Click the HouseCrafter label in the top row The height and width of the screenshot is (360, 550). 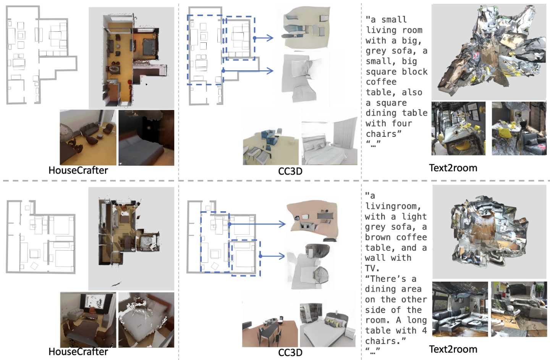[78, 170]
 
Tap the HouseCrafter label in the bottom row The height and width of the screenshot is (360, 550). [78, 352]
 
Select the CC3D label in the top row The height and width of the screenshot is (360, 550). [290, 171]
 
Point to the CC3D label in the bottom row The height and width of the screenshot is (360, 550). [290, 352]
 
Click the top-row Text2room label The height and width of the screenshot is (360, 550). [453, 168]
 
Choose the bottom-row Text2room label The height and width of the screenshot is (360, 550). [453, 349]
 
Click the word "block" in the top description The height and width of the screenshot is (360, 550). [414, 72]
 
